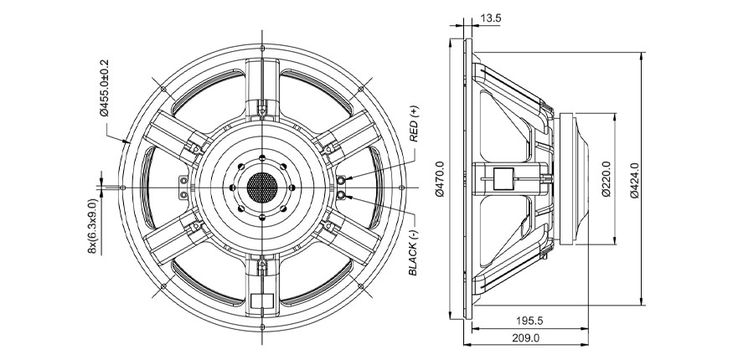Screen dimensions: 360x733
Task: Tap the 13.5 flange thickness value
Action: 492,17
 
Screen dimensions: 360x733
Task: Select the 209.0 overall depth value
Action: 525,337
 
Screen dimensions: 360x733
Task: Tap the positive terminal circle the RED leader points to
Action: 343,180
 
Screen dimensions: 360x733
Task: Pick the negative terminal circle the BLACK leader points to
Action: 343,195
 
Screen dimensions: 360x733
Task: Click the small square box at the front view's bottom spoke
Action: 263,302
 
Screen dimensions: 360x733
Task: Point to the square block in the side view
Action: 504,178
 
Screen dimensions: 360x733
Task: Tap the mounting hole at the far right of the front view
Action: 404,186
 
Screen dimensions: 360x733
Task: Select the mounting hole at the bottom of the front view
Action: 263,327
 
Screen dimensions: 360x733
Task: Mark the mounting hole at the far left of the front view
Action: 122,186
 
